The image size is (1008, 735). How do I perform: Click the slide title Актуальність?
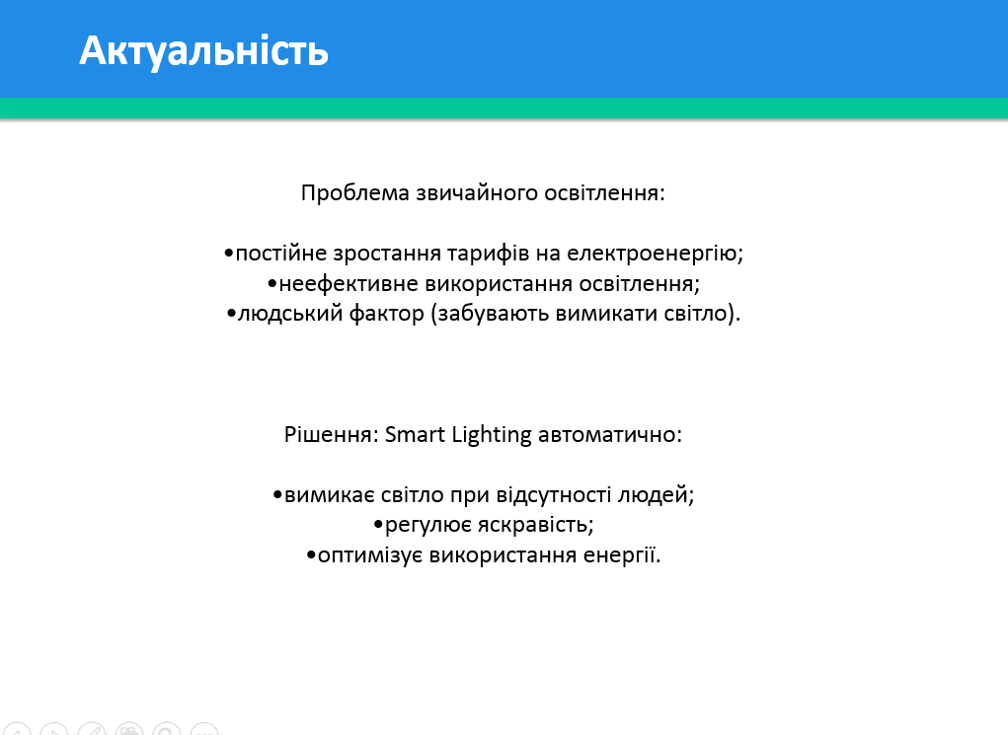203,50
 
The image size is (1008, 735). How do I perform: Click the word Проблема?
354,192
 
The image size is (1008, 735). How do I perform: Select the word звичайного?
477,193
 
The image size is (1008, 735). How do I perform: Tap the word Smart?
415,435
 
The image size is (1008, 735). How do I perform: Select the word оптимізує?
370,555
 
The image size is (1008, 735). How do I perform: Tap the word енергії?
622,555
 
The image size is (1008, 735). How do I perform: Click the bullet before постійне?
228,254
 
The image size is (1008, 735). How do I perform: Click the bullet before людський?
231,314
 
